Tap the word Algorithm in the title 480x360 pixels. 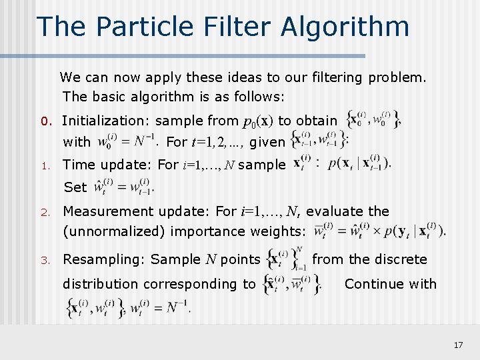[345, 27]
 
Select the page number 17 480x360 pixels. [457, 345]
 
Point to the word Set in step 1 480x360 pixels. [75, 187]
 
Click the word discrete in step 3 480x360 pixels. [400, 259]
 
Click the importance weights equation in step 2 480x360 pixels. [379, 231]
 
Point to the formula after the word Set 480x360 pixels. [125, 186]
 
